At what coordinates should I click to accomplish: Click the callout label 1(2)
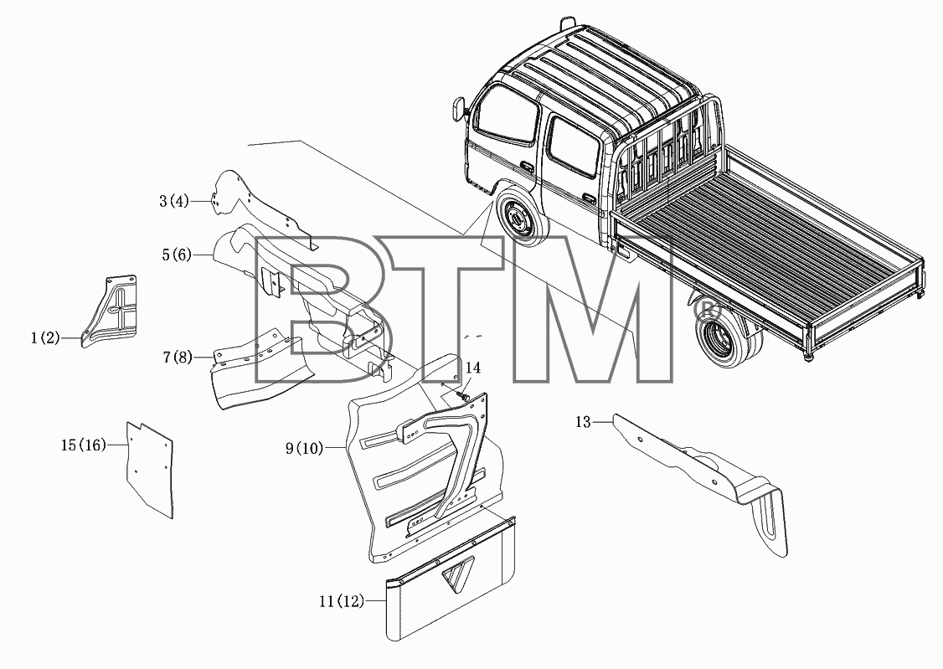[46, 338]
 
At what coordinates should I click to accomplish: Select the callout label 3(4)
[174, 201]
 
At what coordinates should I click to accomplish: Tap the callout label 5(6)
[176, 255]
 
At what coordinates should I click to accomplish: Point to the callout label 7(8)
[178, 358]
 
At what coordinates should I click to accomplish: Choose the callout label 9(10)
[304, 449]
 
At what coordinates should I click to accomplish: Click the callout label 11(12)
[343, 601]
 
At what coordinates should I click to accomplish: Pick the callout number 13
[584, 422]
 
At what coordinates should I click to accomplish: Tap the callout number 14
[473, 368]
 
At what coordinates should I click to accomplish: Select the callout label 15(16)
[84, 445]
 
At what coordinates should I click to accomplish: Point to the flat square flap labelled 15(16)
[149, 470]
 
